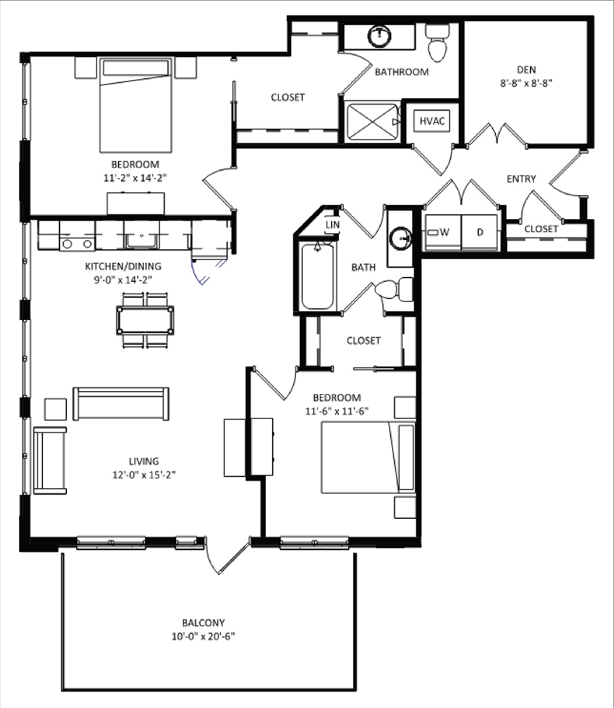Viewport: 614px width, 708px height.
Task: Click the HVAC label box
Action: pyautogui.click(x=432, y=121)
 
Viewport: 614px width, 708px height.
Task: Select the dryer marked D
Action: pyautogui.click(x=480, y=233)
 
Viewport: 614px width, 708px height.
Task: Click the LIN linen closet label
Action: pyautogui.click(x=332, y=225)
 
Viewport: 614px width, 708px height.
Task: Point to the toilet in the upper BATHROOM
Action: pyautogui.click(x=438, y=43)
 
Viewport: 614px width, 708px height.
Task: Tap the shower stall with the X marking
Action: pyautogui.click(x=372, y=123)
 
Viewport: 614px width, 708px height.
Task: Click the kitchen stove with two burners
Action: pyautogui.click(x=77, y=244)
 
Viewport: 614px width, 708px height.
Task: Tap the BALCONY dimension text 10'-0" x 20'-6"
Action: pyautogui.click(x=203, y=637)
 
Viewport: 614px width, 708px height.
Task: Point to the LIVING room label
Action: pyautogui.click(x=144, y=461)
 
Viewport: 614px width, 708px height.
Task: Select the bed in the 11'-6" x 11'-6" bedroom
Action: pyautogui.click(x=367, y=457)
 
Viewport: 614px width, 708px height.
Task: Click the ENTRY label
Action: pyautogui.click(x=521, y=179)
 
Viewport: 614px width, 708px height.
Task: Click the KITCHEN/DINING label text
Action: pyautogui.click(x=123, y=266)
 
